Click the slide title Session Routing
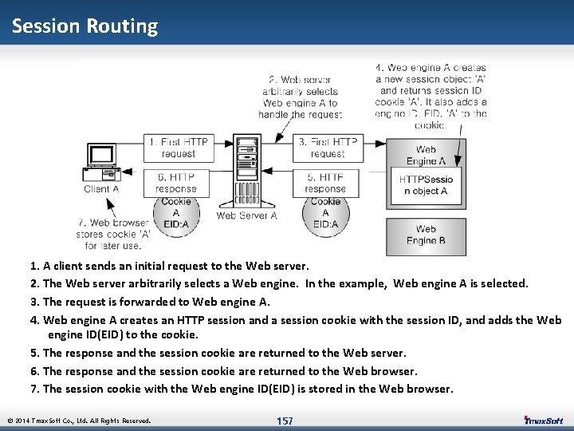(x=85, y=26)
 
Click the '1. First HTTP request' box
(x=177, y=148)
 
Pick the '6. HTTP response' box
(x=176, y=183)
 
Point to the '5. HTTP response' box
(x=325, y=183)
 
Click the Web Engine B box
(x=426, y=235)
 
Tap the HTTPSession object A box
(x=426, y=185)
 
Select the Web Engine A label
(x=426, y=155)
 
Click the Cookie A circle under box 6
(x=175, y=212)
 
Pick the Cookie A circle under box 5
(x=325, y=212)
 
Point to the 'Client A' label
(x=101, y=189)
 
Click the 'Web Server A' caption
(x=246, y=215)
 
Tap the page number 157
(x=285, y=421)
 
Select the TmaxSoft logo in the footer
(x=543, y=420)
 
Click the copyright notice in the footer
(x=79, y=421)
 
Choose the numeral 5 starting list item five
(x=34, y=353)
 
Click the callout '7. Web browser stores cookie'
(x=113, y=234)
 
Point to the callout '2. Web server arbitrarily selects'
(x=300, y=97)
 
